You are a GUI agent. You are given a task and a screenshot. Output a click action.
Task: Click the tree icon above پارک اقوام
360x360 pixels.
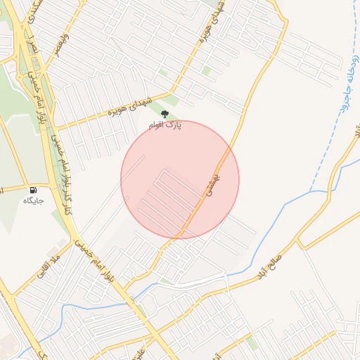tap(165, 114)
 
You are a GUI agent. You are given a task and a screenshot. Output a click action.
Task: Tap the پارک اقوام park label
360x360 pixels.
tap(165, 125)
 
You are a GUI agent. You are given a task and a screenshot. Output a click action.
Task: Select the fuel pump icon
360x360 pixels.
tap(33, 190)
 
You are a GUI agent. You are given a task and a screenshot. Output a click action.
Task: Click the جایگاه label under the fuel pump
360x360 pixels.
tap(33, 201)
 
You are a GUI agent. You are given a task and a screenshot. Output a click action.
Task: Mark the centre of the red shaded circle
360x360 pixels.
tap(180, 180)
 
